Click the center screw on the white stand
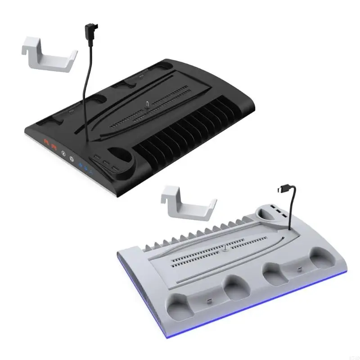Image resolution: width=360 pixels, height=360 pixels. [x=224, y=247]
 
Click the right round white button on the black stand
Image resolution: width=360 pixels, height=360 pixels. [x=72, y=159]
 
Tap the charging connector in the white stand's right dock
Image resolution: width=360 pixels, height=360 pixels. [x=298, y=271]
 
